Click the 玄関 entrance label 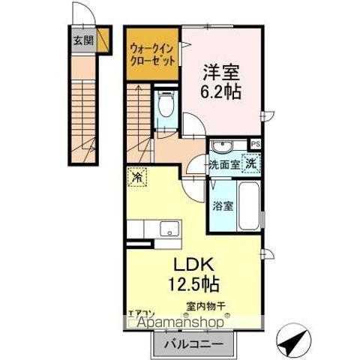tap(83, 40)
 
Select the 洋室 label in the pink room tap(220, 73)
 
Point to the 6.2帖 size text tap(220, 94)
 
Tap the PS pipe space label tap(256, 144)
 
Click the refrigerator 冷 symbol tap(138, 178)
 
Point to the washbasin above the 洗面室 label tap(223, 146)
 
